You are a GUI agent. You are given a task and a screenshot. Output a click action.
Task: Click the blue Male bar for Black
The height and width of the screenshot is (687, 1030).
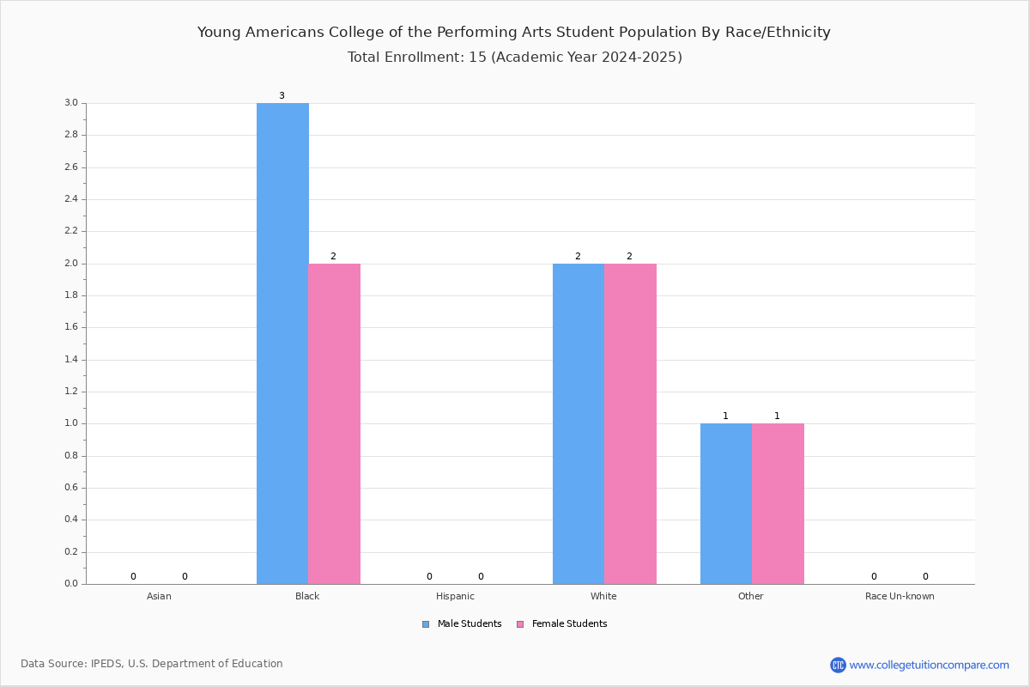282,343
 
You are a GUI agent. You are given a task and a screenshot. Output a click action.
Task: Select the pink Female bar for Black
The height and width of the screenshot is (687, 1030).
334,424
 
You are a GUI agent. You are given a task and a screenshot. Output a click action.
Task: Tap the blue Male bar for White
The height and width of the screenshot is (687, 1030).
579,424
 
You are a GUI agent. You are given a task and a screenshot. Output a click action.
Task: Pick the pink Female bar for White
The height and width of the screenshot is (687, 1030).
630,424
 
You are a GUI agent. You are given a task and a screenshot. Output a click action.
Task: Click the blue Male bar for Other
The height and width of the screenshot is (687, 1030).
726,504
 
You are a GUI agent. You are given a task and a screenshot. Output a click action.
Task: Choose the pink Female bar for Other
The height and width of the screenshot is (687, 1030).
778,504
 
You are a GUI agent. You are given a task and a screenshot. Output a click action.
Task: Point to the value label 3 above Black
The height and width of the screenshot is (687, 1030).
282,95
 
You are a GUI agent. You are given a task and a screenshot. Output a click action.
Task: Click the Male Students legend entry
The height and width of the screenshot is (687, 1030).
462,623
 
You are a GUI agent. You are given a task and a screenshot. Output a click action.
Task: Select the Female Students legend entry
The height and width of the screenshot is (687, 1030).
562,623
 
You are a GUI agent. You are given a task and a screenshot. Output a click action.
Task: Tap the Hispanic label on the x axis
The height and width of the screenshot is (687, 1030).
455,596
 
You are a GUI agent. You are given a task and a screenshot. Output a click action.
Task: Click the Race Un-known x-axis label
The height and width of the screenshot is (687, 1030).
900,596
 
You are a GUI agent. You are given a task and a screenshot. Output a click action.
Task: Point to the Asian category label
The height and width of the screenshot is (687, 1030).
159,596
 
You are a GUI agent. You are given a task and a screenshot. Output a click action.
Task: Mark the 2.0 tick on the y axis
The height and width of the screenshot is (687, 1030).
71,263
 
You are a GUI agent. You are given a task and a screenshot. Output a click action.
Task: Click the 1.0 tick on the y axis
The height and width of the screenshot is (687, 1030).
71,423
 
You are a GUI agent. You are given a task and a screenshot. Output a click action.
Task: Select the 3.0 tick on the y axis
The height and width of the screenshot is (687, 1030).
71,102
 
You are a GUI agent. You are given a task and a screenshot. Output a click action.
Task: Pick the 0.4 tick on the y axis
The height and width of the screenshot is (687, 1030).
71,520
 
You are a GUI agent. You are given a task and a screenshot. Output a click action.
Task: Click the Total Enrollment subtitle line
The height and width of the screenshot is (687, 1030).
514,57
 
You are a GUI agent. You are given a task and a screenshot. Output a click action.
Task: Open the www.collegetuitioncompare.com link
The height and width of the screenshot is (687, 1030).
929,665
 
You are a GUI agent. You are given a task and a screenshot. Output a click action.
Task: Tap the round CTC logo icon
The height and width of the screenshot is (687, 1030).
838,665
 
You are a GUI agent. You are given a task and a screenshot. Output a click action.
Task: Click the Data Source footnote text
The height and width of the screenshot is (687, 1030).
152,664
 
